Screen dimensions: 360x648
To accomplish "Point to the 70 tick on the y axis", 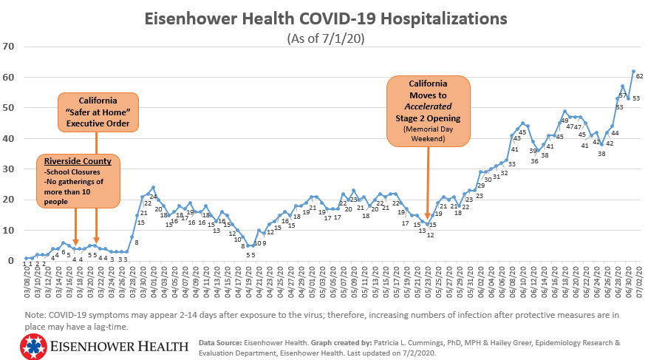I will tap(10, 47).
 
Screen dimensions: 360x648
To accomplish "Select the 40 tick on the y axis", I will tap(10, 138).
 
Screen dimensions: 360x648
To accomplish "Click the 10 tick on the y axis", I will tap(10, 230).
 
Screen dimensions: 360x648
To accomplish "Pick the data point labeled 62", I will tap(634, 71).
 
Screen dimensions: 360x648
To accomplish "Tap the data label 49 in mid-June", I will tap(565, 120).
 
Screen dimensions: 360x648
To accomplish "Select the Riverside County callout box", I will tap(75, 180).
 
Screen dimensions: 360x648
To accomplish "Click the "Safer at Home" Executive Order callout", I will tap(98, 112).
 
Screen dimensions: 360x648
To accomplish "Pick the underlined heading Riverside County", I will tap(76, 160).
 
